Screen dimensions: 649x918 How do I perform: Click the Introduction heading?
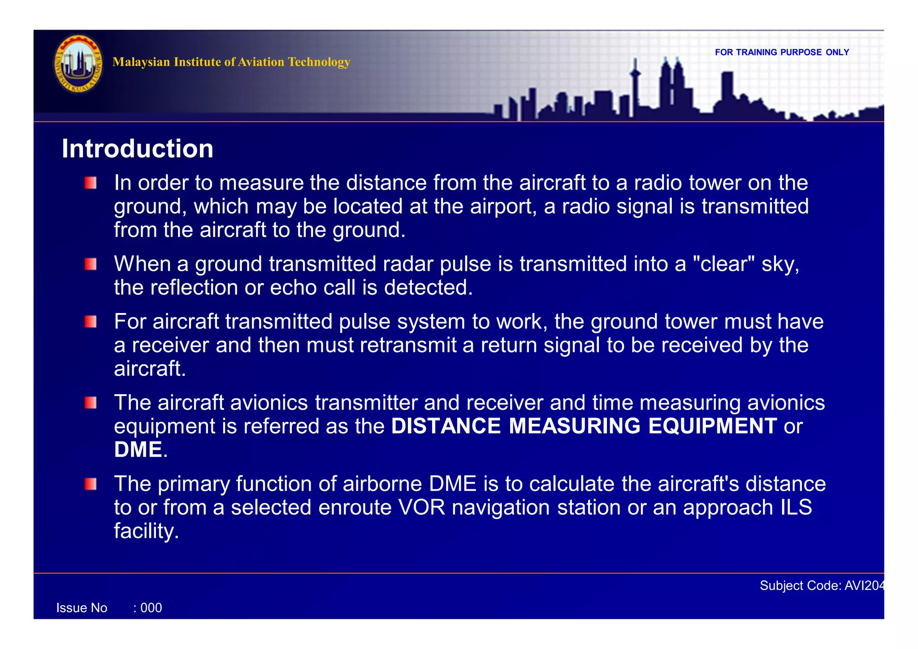pyautogui.click(x=137, y=149)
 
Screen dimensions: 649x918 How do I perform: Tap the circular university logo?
pyautogui.click(x=78, y=64)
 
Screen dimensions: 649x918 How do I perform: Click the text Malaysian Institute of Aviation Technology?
pyautogui.click(x=231, y=62)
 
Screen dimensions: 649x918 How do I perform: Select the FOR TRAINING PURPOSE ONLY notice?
pyautogui.click(x=782, y=52)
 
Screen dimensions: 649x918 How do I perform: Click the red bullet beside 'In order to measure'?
pyautogui.click(x=91, y=183)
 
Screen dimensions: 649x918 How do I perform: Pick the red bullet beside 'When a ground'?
pyautogui.click(x=91, y=264)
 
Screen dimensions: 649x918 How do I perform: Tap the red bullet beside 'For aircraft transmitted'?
pyautogui.click(x=91, y=322)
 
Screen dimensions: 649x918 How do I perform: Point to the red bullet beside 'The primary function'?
pyautogui.click(x=91, y=484)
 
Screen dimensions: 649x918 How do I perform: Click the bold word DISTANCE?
pyautogui.click(x=446, y=426)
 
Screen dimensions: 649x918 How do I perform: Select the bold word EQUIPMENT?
pyautogui.click(x=712, y=426)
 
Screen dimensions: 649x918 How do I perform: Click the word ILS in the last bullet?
pyautogui.click(x=796, y=508)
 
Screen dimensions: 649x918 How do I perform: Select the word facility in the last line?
pyautogui.click(x=146, y=531)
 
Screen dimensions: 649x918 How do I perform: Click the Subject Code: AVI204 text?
pyautogui.click(x=822, y=586)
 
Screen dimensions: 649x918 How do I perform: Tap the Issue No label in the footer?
pyautogui.click(x=82, y=608)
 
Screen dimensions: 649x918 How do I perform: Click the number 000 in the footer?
pyautogui.click(x=151, y=608)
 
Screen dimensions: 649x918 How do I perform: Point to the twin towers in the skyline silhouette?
pyautogui.click(x=671, y=85)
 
